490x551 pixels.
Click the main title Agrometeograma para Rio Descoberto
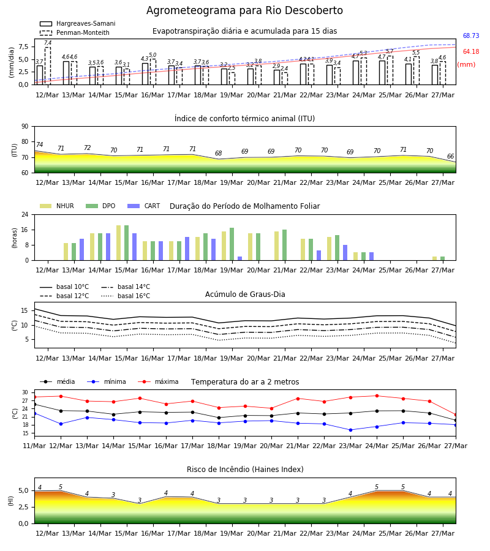pos(244,10)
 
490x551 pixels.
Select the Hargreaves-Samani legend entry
pos(78,23)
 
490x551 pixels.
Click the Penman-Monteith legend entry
pos(75,32)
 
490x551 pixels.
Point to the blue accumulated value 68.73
pos(471,36)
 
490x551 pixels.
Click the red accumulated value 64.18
pos(471,51)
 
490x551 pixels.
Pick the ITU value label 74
pos(39,144)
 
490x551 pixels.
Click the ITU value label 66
pos(450,156)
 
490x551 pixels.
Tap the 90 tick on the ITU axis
pos(25,127)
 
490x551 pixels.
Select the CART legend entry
pos(144,206)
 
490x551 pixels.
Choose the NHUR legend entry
pos(57,206)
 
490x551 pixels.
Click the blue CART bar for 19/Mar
pos(239,258)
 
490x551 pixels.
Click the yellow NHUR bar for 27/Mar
pos(434,258)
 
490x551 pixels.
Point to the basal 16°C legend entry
pos(126,296)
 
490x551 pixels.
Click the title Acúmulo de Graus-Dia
pos(245,294)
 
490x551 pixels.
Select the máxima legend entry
pos(159,381)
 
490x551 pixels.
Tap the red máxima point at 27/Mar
pos(456,415)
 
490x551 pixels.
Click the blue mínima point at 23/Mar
pos(350,430)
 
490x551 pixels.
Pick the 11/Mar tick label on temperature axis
pos(34,446)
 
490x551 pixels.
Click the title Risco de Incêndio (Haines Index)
pos(245,469)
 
